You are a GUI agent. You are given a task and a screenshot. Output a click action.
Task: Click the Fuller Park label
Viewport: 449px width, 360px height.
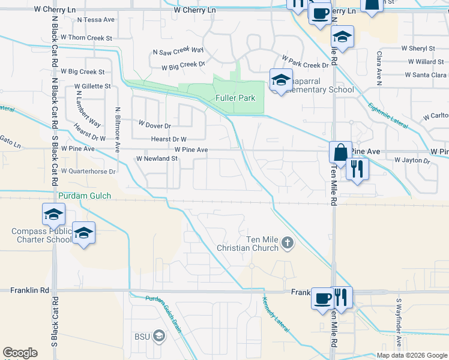(x=235, y=98)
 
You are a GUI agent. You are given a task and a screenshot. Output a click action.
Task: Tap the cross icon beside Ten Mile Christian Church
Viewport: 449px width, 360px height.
(x=288, y=243)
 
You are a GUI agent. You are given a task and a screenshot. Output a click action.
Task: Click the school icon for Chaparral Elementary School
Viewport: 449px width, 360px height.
(x=280, y=80)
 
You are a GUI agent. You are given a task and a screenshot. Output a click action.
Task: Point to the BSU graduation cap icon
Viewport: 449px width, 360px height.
(x=158, y=335)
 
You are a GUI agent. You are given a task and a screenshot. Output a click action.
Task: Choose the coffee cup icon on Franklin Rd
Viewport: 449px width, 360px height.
(x=322, y=297)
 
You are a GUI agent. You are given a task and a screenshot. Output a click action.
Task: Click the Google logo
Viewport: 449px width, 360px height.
(x=20, y=353)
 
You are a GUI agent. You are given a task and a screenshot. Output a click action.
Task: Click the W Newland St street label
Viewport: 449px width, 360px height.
(x=157, y=159)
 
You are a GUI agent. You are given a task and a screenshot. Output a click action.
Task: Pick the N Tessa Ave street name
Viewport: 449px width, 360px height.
(x=96, y=20)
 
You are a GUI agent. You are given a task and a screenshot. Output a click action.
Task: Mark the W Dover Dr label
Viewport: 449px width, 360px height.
(x=155, y=126)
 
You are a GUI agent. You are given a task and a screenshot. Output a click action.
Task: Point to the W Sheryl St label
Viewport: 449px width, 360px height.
(x=418, y=48)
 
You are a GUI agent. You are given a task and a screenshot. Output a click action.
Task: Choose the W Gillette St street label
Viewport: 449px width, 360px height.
(x=92, y=86)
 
